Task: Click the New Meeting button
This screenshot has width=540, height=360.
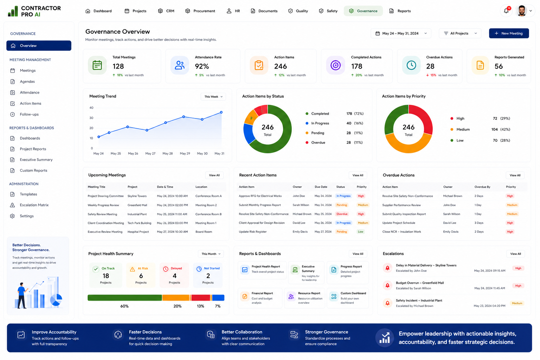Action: point(509,33)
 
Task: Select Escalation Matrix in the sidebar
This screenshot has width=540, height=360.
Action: point(34,205)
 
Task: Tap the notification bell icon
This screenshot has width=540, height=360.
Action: point(506,11)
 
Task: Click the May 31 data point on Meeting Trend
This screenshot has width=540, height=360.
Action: point(221,112)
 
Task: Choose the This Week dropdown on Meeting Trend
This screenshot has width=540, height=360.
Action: point(213,97)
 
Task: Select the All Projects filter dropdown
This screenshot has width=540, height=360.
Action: point(460,33)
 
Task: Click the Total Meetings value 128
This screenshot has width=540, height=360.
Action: point(118,66)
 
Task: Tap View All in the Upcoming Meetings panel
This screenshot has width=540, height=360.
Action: point(214,175)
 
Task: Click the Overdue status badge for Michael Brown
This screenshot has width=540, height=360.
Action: point(342,214)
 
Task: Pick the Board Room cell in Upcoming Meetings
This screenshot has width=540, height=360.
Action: point(204,232)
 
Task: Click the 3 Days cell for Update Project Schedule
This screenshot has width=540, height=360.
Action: point(479,223)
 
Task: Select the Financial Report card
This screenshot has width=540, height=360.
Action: point(260,298)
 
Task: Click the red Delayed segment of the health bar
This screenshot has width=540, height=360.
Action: point(201,298)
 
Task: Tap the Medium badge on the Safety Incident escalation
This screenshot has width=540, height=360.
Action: point(517,303)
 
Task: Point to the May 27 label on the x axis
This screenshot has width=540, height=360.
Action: point(150,153)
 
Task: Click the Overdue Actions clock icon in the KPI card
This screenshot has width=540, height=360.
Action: point(411,65)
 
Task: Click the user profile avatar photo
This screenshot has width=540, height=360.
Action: point(522,11)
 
